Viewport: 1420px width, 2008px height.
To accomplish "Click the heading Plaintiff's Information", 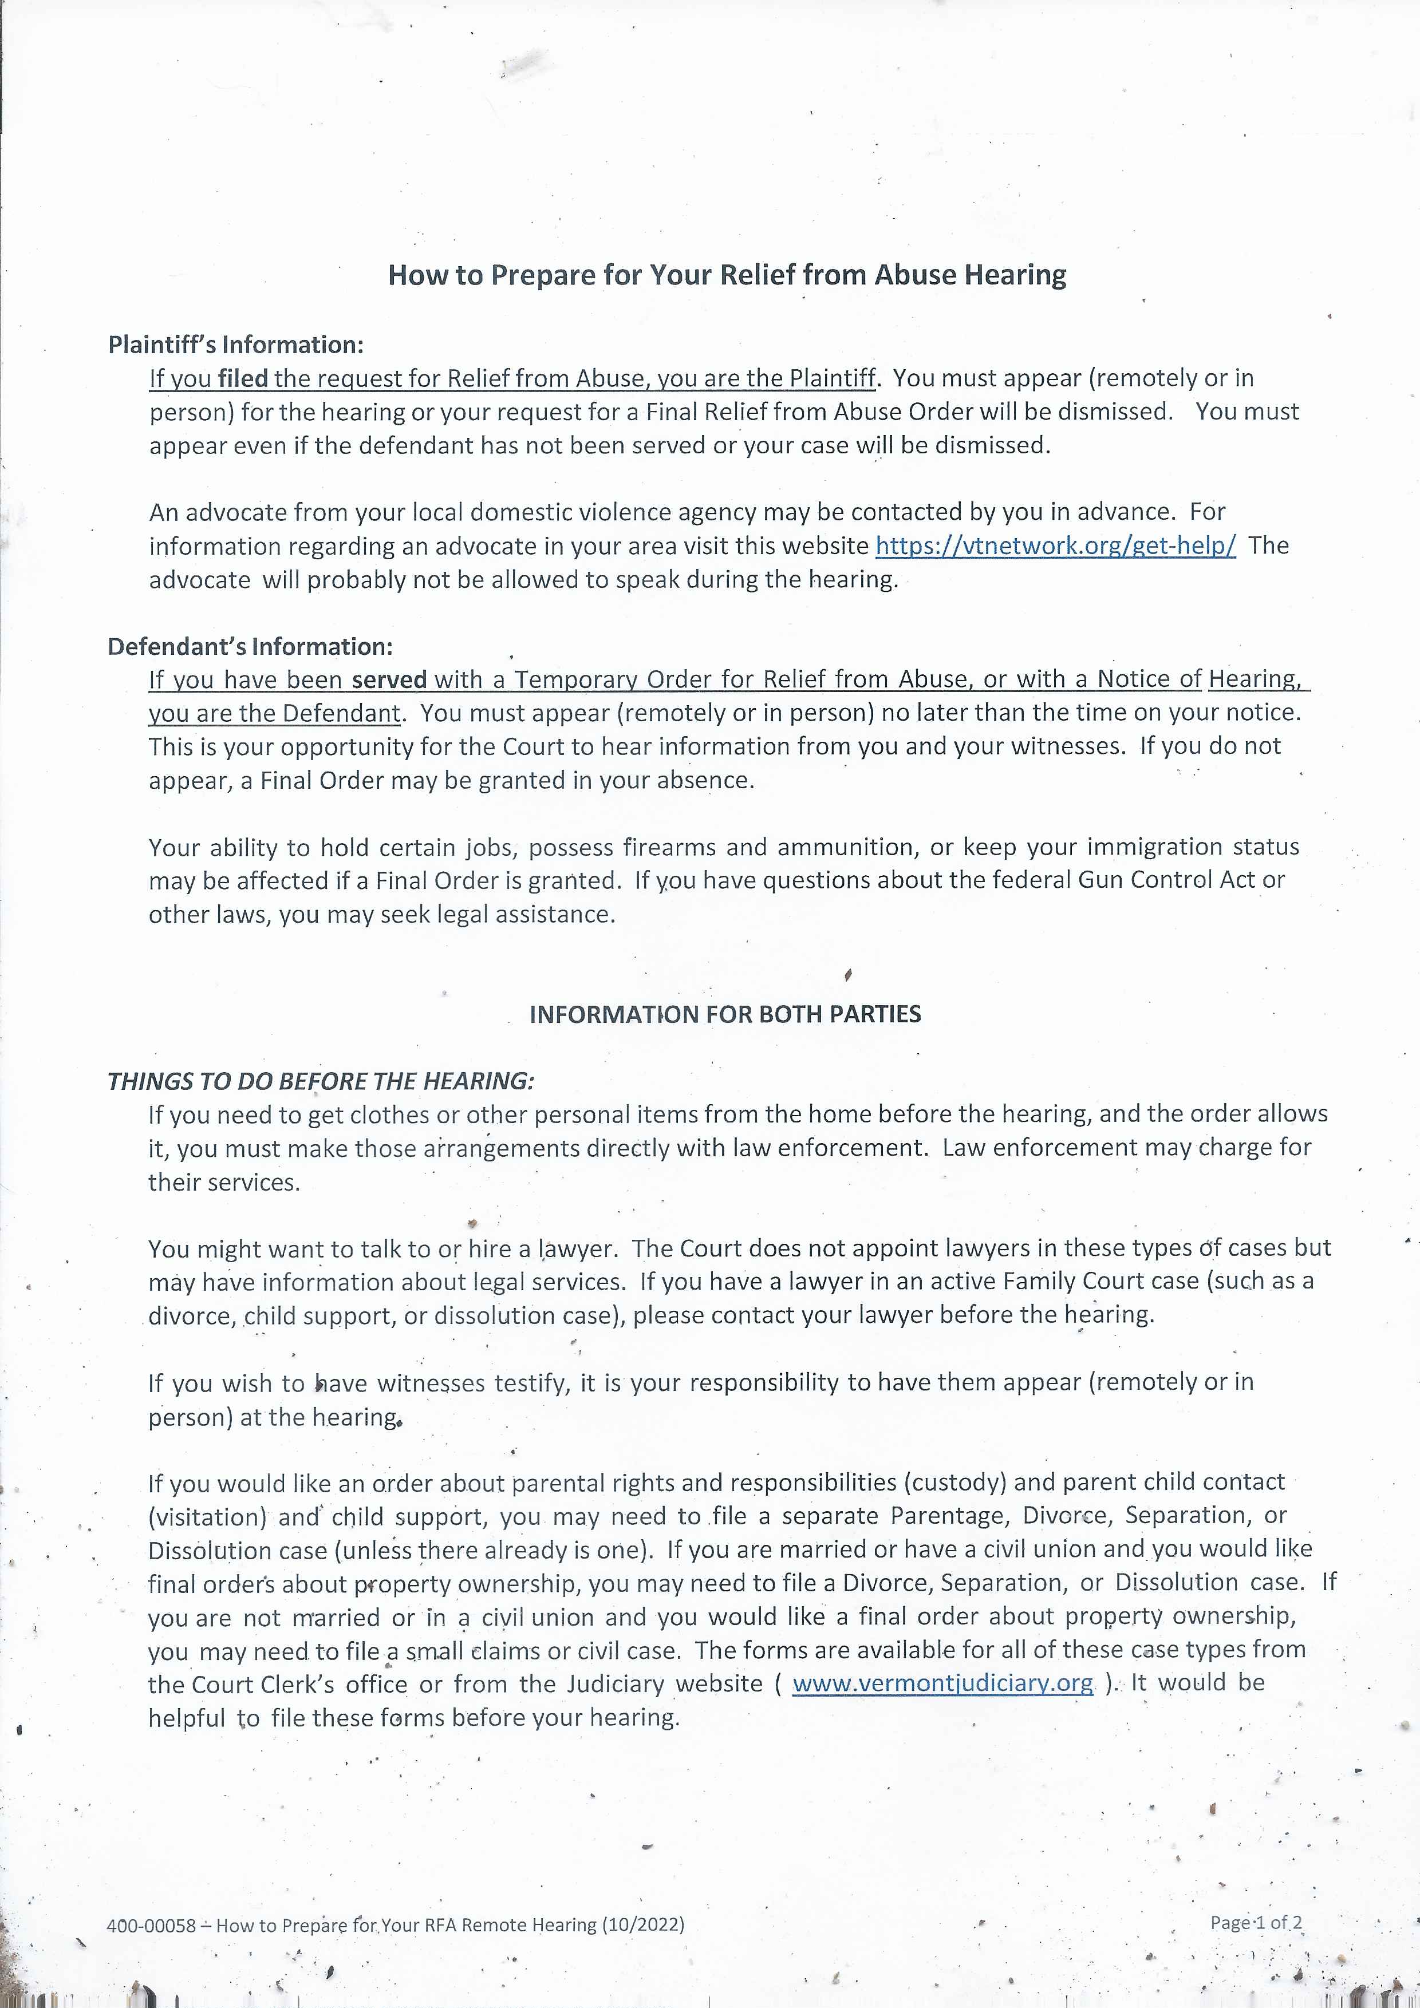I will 235,345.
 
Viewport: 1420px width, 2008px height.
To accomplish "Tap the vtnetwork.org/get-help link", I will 1055,546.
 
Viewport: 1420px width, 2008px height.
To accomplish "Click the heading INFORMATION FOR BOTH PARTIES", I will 725,1014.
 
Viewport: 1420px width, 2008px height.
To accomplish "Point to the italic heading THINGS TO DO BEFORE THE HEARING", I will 320,1082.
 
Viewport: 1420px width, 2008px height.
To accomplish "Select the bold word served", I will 389,679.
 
